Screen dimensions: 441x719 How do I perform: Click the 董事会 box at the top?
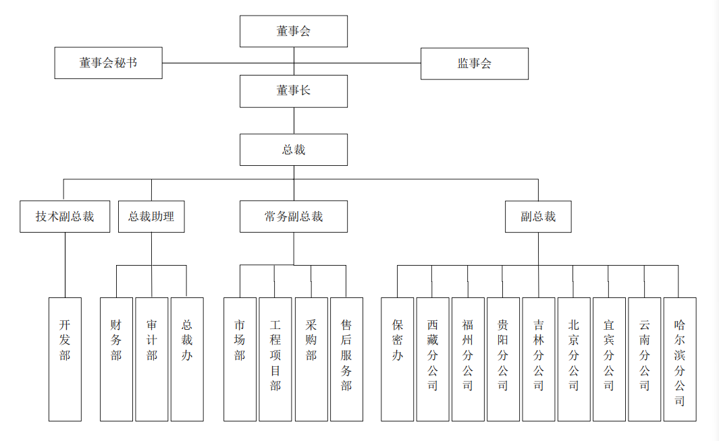pos(294,31)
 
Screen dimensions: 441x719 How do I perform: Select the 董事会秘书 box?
pos(108,63)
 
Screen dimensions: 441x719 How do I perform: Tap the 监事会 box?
pos(474,63)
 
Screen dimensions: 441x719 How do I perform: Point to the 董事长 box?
pos(294,90)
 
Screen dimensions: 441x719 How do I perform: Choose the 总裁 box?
pos(294,150)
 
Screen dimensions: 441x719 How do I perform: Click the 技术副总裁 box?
pos(65,216)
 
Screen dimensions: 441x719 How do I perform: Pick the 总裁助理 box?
pos(151,216)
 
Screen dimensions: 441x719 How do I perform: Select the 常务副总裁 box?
pos(294,216)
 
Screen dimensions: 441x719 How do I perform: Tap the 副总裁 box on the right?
pos(538,216)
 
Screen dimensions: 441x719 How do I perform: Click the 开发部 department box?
pos(65,359)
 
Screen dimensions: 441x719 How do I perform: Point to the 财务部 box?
pos(116,359)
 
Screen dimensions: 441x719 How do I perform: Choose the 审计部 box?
pos(151,359)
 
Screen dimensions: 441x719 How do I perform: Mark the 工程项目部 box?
pos(275,359)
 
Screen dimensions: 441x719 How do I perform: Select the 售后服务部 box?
pos(346,359)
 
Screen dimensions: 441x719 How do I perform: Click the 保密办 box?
pos(397,359)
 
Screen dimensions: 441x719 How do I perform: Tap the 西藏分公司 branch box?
pos(432,359)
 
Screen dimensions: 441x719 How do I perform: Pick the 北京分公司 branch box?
pos(574,359)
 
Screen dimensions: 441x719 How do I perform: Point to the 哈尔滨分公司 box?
pos(679,359)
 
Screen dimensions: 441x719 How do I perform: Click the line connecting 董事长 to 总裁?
pos(294,121)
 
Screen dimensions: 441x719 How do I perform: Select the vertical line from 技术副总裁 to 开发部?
pos(65,265)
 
